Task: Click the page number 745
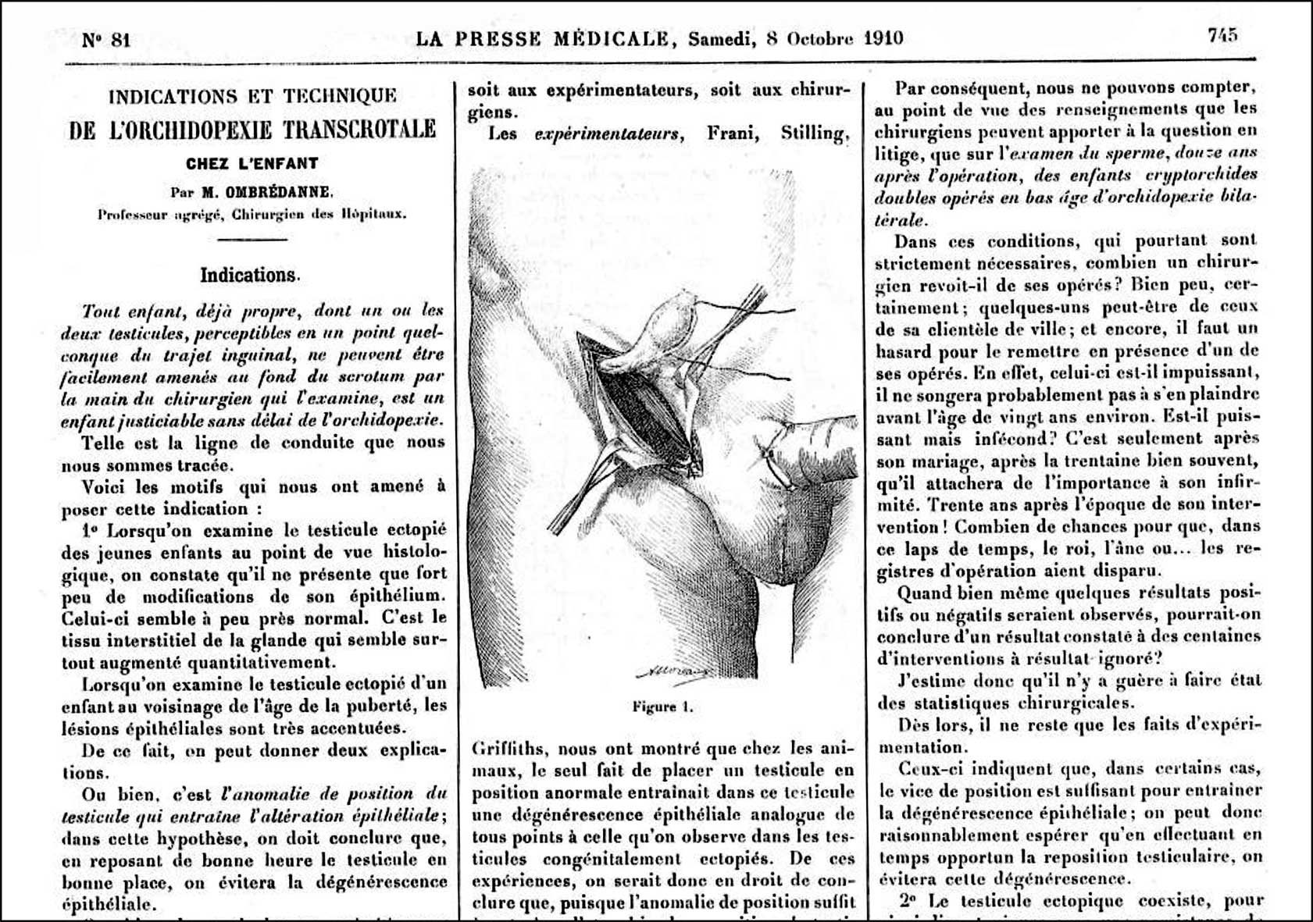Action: tap(1222, 36)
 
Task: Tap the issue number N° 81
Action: tap(106, 40)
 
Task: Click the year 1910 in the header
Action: tap(883, 38)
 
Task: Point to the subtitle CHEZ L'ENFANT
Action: tap(252, 164)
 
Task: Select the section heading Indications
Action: tap(250, 276)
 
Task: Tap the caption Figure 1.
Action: tap(662, 707)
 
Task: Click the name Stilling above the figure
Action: tap(814, 133)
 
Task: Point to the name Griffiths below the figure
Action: tap(508, 749)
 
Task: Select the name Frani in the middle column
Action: tap(733, 133)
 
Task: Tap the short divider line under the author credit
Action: tap(252, 239)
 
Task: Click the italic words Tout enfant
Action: tap(132, 311)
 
